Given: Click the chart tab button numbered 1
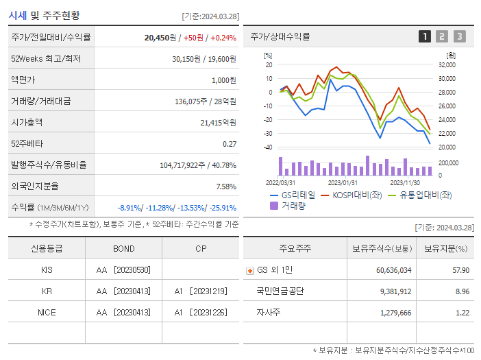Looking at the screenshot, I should click(x=425, y=36).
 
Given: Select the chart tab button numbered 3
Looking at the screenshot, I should click(x=459, y=36).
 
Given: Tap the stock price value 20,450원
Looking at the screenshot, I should click(x=161, y=38).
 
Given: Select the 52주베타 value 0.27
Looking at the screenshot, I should click(x=230, y=143).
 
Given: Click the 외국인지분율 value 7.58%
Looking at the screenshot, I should click(x=225, y=186).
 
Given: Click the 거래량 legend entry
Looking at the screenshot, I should click(x=288, y=205).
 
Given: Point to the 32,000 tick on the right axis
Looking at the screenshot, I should click(x=447, y=64).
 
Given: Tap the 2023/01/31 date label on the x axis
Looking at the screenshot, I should click(x=343, y=182).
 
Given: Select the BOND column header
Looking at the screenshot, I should click(x=123, y=248).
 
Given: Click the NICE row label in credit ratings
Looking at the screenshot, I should click(x=47, y=312).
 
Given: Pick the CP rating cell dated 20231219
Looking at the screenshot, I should click(x=201, y=291).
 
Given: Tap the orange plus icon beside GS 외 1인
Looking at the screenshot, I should click(x=249, y=270).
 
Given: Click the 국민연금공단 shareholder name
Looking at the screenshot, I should click(x=280, y=291).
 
